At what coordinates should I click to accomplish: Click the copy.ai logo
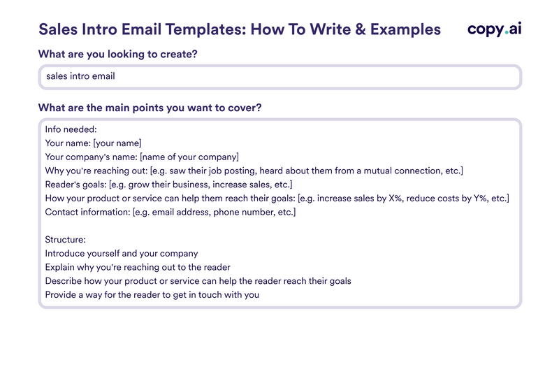point(494,29)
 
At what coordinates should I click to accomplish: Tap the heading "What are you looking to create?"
point(117,55)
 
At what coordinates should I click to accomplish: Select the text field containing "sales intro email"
point(279,76)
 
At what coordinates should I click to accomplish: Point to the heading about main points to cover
point(150,108)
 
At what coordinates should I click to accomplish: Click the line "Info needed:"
point(71,129)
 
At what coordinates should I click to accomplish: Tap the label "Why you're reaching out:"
point(96,171)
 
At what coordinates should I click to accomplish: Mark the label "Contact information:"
point(88,212)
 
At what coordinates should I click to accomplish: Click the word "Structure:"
point(65,240)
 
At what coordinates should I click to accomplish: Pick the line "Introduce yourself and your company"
point(122,253)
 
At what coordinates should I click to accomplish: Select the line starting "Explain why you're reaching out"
point(138,267)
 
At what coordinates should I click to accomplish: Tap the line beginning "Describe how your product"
point(198,281)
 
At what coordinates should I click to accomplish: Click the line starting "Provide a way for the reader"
point(152,294)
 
